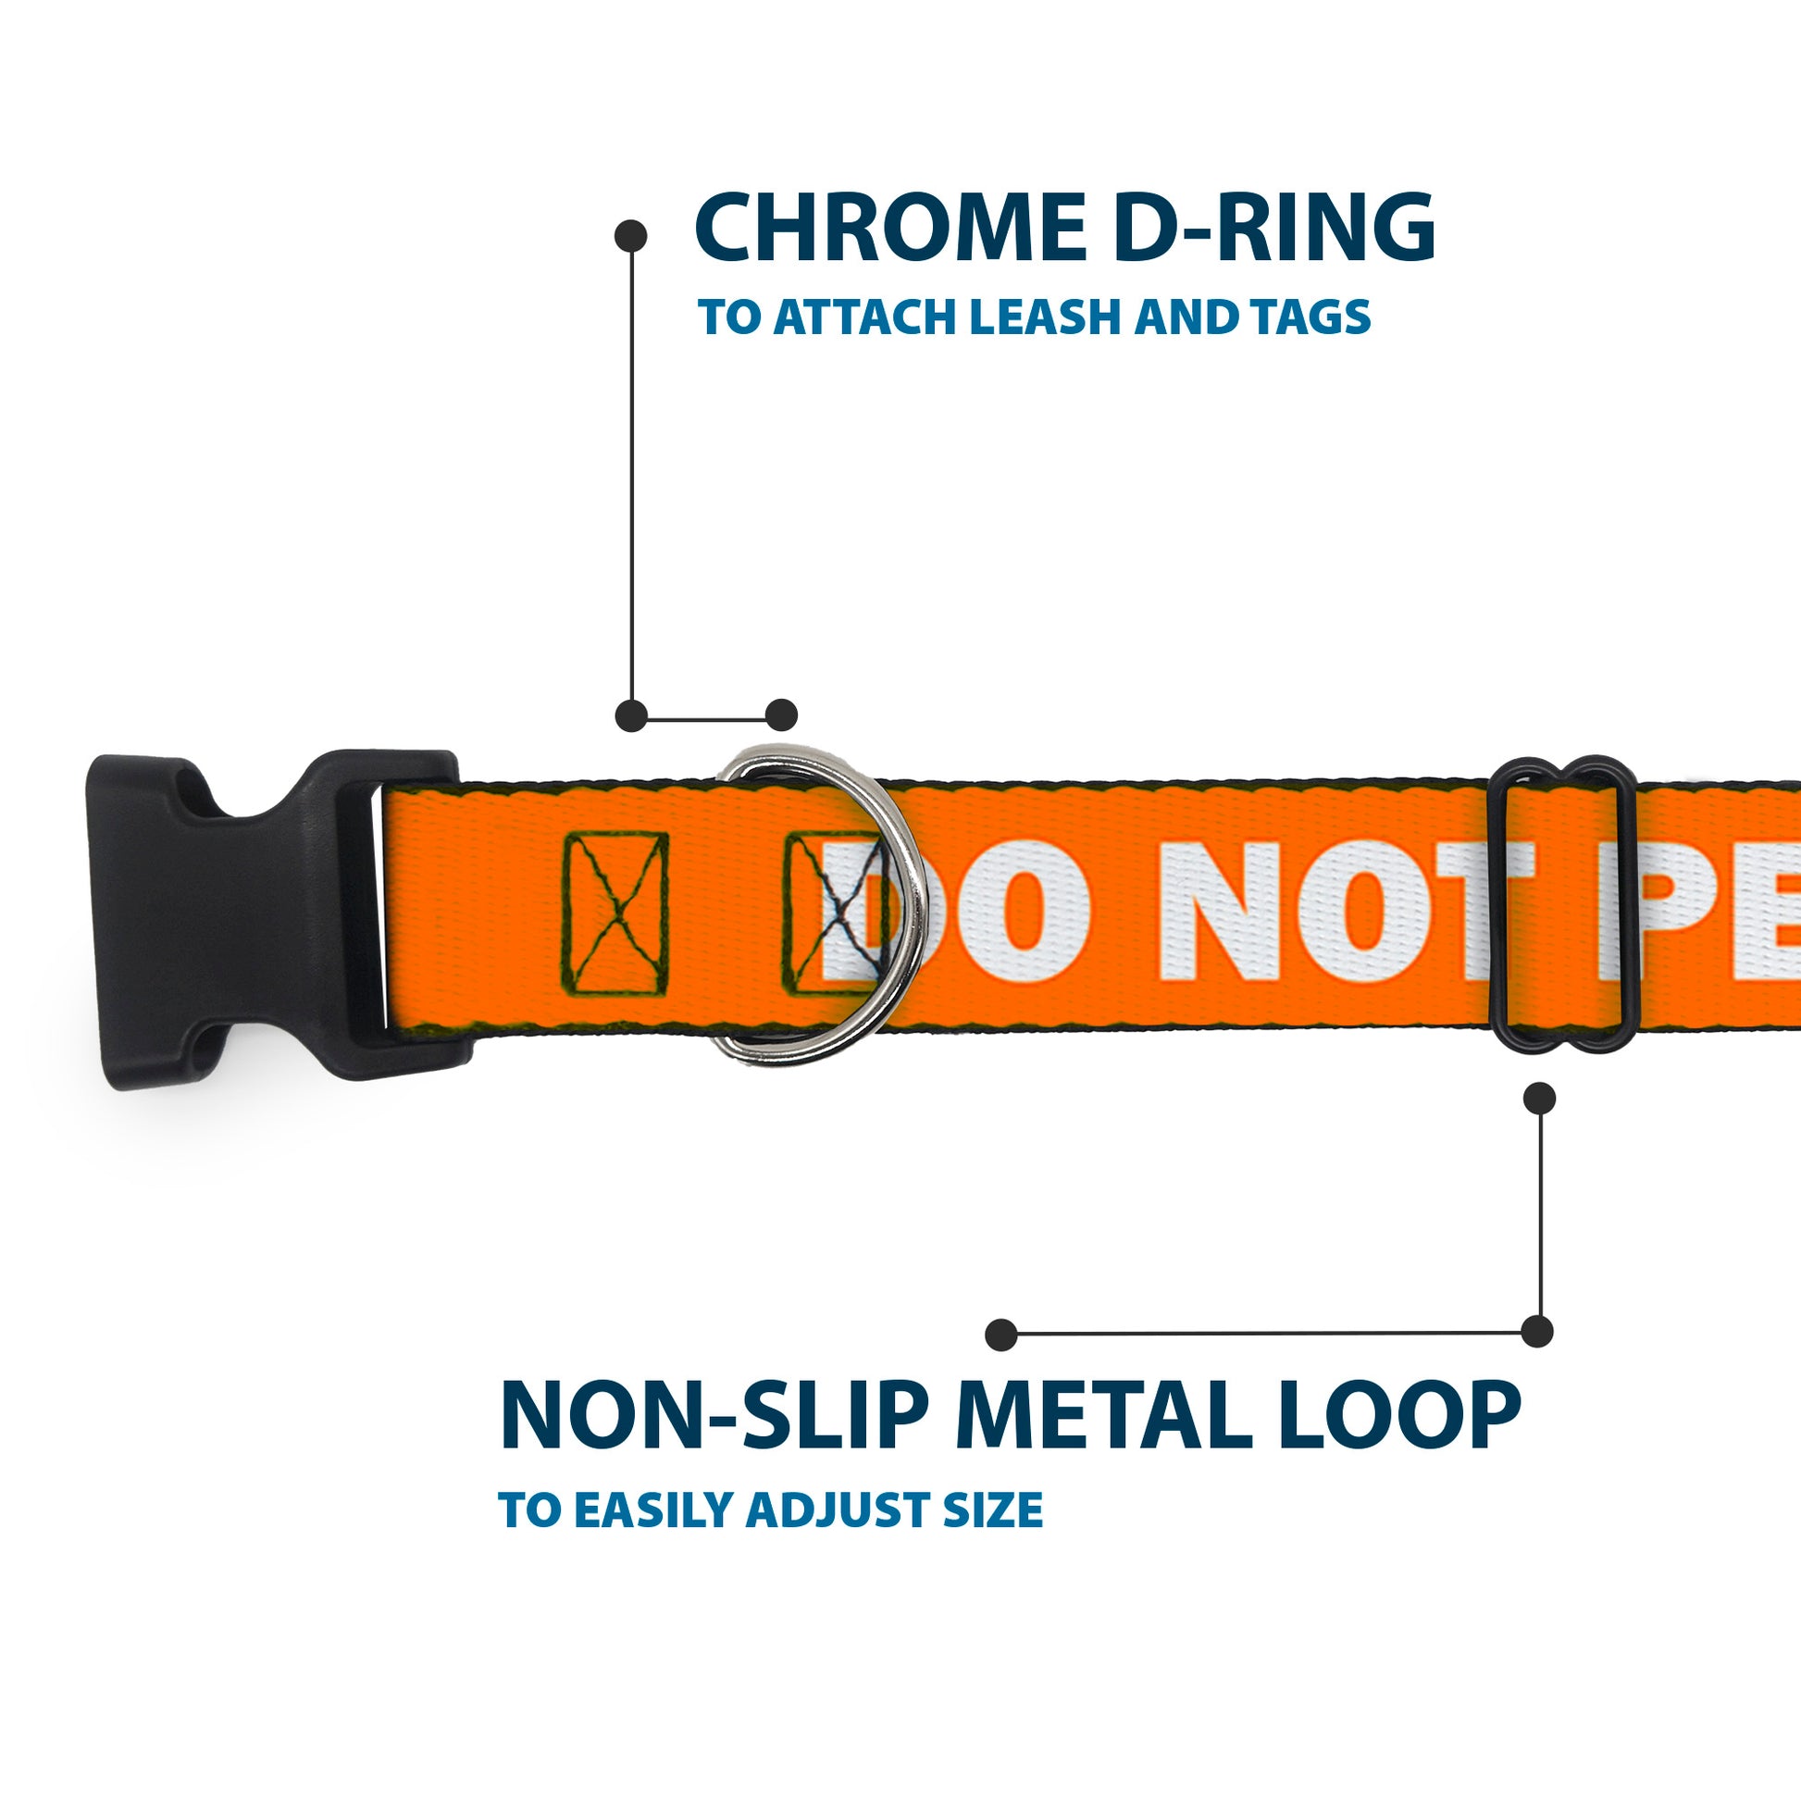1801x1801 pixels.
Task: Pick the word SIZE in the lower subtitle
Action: pyautogui.click(x=992, y=1510)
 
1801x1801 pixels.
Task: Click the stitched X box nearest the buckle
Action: pyautogui.click(x=616, y=913)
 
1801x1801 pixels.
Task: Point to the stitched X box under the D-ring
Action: pyautogui.click(x=829, y=913)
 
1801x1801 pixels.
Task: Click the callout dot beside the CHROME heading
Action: pyautogui.click(x=631, y=236)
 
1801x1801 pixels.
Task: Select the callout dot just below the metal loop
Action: pyautogui.click(x=1539, y=1099)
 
